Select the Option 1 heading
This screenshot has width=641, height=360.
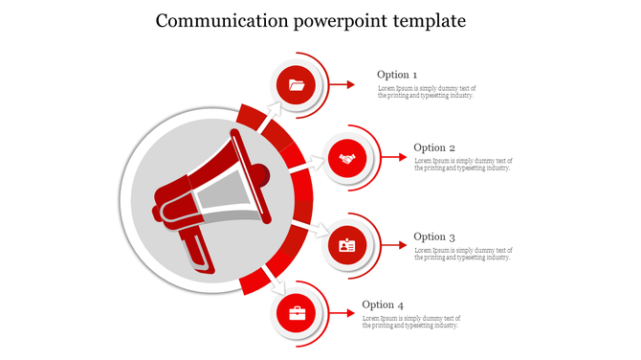point(397,75)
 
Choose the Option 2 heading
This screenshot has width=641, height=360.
point(433,147)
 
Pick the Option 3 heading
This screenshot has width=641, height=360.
point(433,236)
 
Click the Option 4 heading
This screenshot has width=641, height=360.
point(382,305)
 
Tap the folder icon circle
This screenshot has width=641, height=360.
point(297,85)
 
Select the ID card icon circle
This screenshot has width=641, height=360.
point(347,246)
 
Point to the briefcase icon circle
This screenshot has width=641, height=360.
point(297,313)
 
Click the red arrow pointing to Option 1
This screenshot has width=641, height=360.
point(342,85)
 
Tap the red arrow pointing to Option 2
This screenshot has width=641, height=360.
point(392,158)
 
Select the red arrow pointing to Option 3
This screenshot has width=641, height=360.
point(392,246)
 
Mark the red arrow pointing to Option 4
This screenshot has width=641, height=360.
point(342,314)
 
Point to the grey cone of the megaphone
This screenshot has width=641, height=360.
point(225,196)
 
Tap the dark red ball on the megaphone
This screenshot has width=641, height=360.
point(258,174)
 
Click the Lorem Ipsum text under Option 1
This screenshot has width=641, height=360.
point(426,92)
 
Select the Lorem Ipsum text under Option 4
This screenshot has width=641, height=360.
point(411,322)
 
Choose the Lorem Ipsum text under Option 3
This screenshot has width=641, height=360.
point(462,254)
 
